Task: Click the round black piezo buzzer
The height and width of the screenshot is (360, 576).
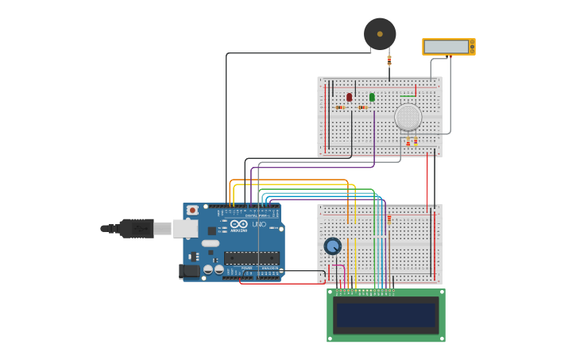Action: (x=380, y=34)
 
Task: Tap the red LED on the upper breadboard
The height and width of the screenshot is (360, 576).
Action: (x=349, y=97)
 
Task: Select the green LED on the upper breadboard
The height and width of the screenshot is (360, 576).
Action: (x=372, y=97)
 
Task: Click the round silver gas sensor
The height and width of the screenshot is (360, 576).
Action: (x=408, y=117)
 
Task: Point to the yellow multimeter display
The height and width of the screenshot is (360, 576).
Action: (x=447, y=47)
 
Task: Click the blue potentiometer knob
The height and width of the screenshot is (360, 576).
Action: (x=332, y=246)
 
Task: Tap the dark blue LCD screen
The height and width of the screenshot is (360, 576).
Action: (x=386, y=315)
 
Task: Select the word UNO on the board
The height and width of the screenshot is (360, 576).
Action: (x=259, y=224)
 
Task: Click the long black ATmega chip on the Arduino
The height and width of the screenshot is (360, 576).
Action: (x=251, y=257)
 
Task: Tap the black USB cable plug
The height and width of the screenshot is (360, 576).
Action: (x=135, y=229)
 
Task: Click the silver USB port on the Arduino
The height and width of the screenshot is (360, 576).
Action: (x=186, y=229)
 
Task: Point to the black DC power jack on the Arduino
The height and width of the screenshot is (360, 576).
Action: (x=189, y=271)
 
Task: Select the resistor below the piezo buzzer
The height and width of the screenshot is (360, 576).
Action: (x=389, y=60)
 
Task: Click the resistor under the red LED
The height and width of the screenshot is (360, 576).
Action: (x=340, y=107)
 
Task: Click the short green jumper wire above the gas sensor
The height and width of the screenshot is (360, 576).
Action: (x=408, y=96)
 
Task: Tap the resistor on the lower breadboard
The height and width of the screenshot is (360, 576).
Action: (x=389, y=217)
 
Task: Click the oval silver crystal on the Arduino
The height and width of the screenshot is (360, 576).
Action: (x=210, y=243)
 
